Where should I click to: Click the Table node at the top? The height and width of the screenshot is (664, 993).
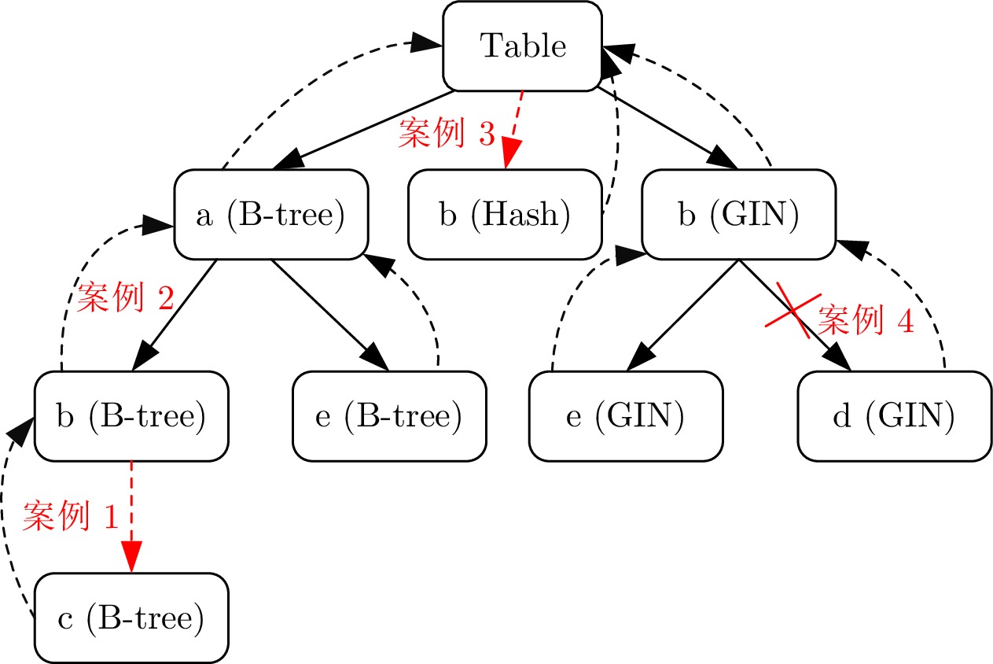pyautogui.click(x=523, y=46)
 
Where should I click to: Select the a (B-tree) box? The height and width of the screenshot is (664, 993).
pyautogui.click(x=271, y=215)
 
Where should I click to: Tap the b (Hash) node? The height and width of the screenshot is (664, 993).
pyautogui.click(x=505, y=215)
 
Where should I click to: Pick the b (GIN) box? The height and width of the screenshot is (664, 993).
pyautogui.click(x=739, y=215)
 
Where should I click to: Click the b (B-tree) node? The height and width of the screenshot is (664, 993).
pyautogui.click(x=131, y=416)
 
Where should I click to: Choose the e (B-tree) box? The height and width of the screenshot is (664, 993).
pyautogui.click(x=389, y=416)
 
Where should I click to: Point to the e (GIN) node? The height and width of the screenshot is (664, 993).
pyautogui.click(x=625, y=416)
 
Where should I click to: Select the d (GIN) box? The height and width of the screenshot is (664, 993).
pyautogui.click(x=894, y=416)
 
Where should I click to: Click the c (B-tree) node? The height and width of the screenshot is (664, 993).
pyautogui.click(x=131, y=618)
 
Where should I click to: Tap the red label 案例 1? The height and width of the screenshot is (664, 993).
pyautogui.click(x=71, y=516)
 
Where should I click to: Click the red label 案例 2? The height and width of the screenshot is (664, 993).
pyautogui.click(x=125, y=300)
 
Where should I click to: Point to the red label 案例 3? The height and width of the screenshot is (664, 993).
pyautogui.click(x=447, y=135)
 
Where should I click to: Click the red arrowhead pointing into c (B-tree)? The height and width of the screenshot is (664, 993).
pyautogui.click(x=131, y=557)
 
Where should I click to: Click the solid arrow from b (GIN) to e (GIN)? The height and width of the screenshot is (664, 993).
pyautogui.click(x=682, y=315)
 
